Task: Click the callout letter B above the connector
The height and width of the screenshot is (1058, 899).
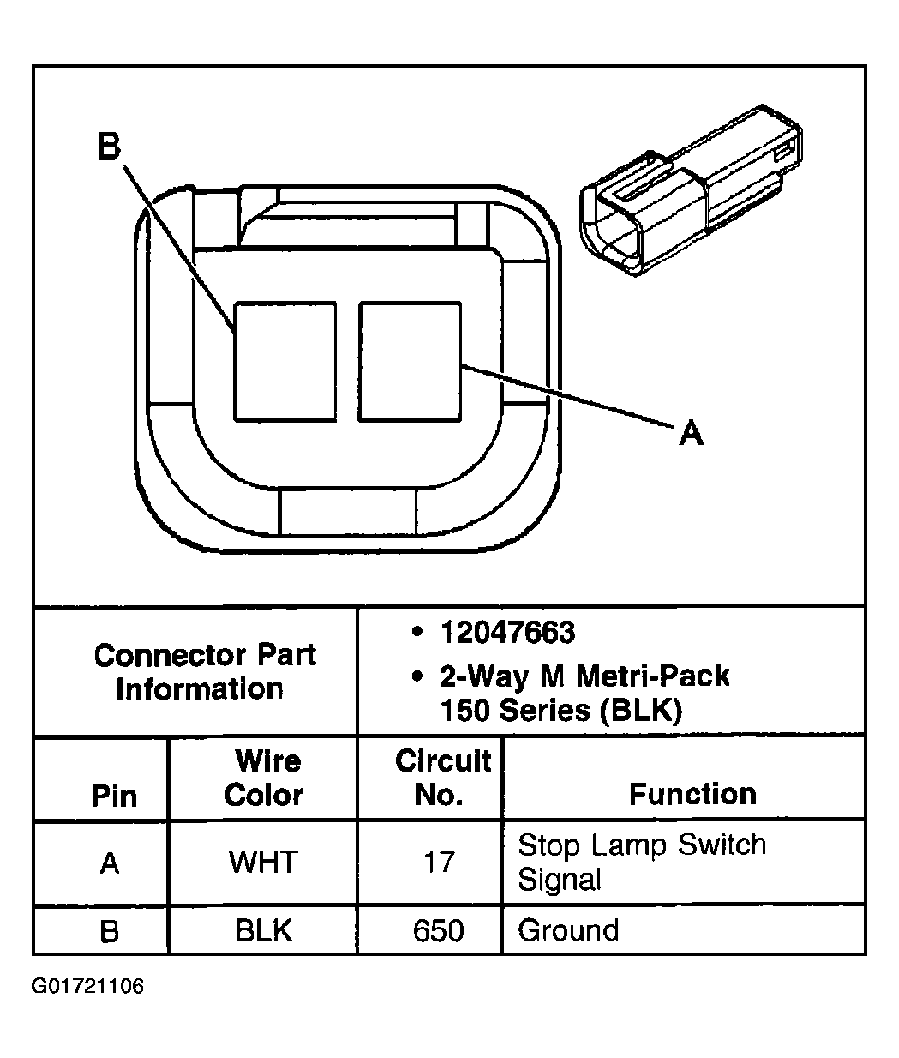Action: pos(109,147)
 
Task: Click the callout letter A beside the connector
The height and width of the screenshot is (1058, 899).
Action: pos(691,433)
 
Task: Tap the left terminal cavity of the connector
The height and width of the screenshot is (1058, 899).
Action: pos(285,361)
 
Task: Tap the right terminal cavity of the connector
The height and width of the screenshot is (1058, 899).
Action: pos(410,361)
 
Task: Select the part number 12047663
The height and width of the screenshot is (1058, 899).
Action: pos(506,633)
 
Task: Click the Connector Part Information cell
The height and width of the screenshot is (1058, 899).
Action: pos(204,671)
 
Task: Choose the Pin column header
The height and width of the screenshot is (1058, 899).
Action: pos(113,795)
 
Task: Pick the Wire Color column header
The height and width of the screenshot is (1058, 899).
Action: pos(264,778)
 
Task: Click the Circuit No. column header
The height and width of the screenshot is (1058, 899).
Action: pos(441,778)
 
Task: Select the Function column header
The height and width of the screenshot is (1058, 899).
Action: pos(692,794)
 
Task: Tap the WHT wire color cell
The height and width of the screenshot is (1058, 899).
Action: pos(262,862)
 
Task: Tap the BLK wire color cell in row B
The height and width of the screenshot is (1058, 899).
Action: pos(263,930)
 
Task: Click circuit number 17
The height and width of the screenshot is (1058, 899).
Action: pos(438,862)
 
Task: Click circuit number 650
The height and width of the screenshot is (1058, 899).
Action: pos(438,930)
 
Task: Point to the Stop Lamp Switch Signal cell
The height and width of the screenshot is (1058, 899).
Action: pos(642,862)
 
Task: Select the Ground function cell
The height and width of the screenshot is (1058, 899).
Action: pos(568,930)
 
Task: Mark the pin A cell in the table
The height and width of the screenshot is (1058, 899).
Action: pos(109,863)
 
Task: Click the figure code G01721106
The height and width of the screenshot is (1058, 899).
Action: pos(87,987)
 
